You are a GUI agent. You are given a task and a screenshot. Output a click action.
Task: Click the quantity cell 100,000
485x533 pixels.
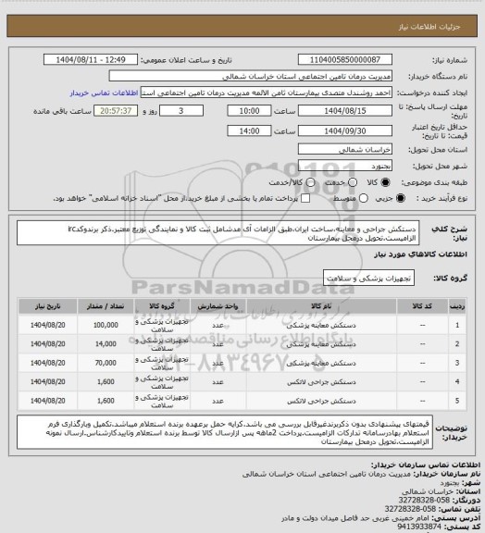[x=105, y=326]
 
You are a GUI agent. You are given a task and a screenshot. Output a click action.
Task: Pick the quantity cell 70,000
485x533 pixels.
[x=105, y=361]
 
